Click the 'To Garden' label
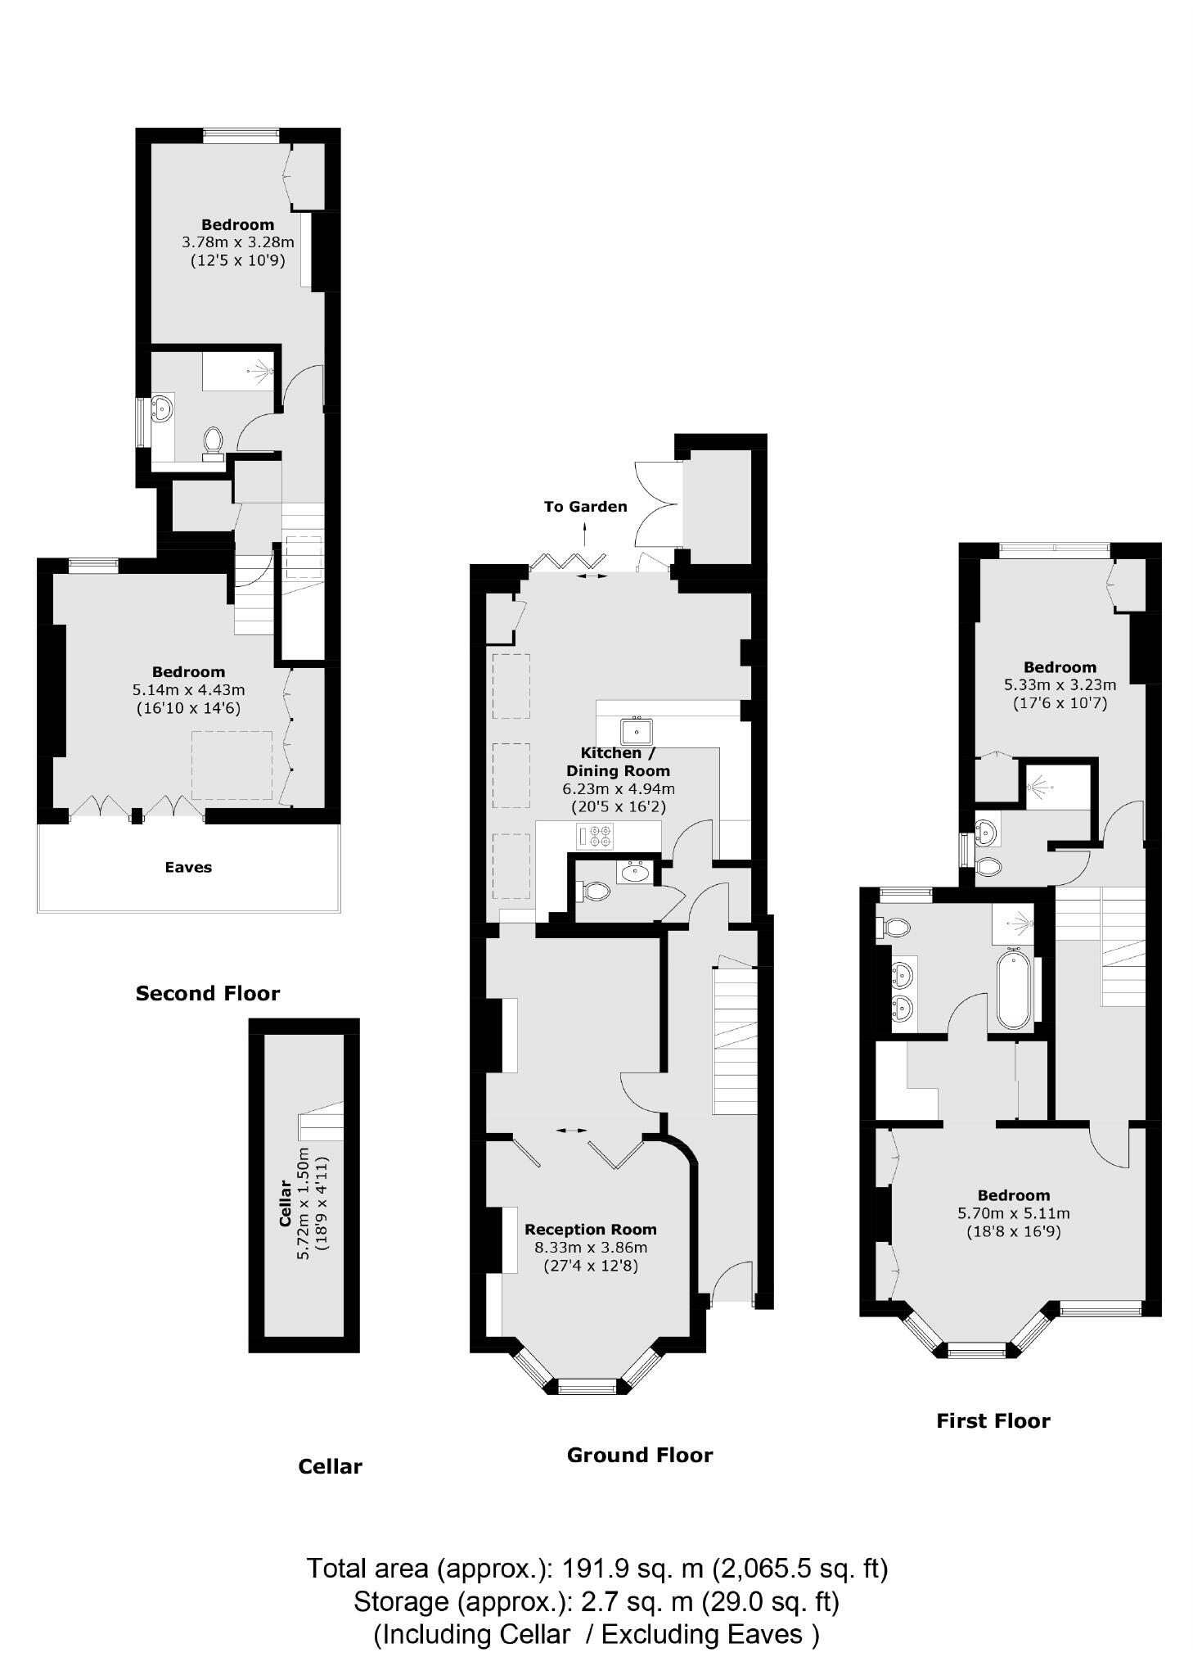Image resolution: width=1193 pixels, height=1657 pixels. point(585,506)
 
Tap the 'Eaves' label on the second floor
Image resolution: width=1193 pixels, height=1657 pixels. point(188,867)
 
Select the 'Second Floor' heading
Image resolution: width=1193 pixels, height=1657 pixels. point(208,993)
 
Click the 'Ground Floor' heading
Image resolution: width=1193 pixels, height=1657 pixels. point(640,1455)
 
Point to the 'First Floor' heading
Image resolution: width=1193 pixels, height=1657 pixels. point(993,1420)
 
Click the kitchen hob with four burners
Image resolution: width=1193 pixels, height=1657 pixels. point(594,837)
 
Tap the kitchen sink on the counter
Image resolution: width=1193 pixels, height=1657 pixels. point(635,730)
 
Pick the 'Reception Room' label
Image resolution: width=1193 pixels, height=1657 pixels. point(591,1229)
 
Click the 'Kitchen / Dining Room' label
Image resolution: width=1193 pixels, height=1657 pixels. point(618,761)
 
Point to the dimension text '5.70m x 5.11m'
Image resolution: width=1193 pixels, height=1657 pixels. point(1013,1213)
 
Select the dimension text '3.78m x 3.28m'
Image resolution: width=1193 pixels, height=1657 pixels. point(237,242)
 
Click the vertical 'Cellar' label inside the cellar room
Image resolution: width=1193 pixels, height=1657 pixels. point(286,1202)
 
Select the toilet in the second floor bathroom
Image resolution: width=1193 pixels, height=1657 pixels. point(214,441)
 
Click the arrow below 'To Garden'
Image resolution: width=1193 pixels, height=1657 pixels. point(585,536)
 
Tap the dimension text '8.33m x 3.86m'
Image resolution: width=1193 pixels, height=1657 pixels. point(591,1248)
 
